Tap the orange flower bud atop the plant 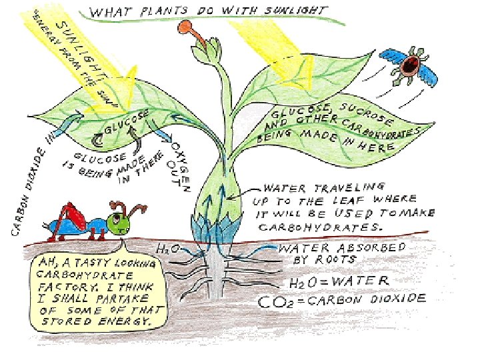185,29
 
